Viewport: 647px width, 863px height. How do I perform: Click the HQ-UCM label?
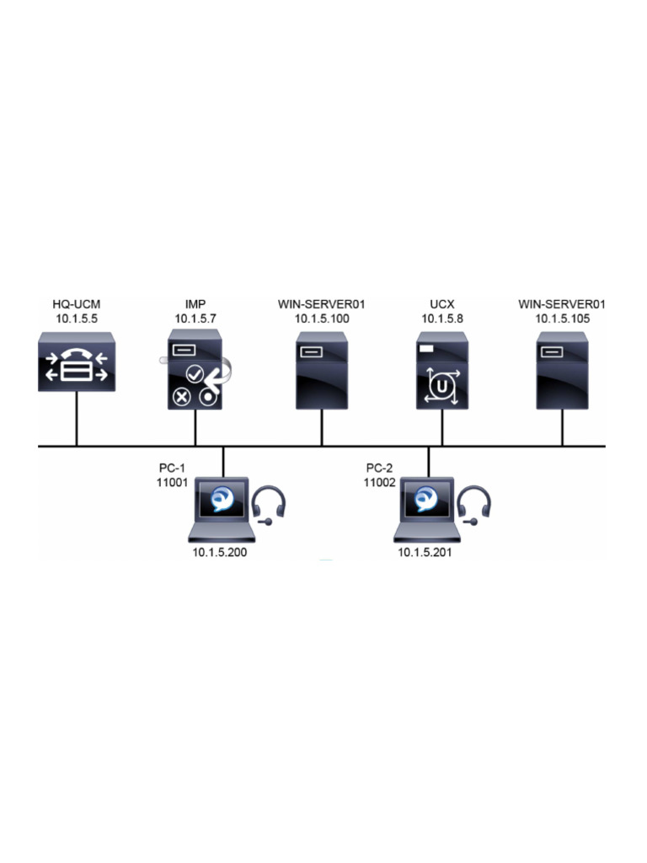77,303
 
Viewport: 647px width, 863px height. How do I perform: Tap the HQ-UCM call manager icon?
77,362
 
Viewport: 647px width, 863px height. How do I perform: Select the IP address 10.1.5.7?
195,318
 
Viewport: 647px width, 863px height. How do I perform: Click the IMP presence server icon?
195,371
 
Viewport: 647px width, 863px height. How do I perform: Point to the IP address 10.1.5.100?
321,318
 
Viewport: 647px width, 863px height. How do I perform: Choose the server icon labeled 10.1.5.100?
321,371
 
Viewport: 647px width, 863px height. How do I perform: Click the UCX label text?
441,303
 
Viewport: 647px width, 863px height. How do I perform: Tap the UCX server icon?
441,371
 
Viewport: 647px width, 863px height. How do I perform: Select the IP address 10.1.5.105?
562,318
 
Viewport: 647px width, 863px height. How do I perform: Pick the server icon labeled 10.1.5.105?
562,371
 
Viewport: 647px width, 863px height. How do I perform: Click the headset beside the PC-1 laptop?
270,505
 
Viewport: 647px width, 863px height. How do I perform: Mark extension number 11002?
380,483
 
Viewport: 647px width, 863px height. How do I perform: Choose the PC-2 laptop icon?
428,509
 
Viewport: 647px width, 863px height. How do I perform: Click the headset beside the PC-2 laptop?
476,505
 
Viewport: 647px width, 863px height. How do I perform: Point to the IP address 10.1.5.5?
77,318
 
